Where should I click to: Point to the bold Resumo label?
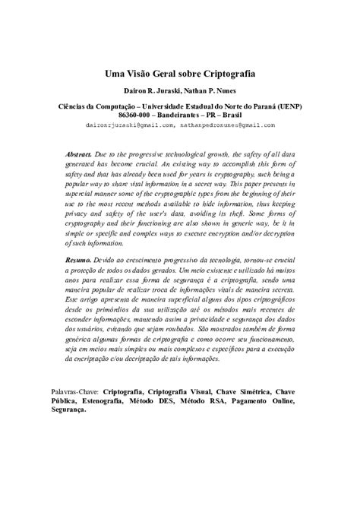point(79,260)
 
